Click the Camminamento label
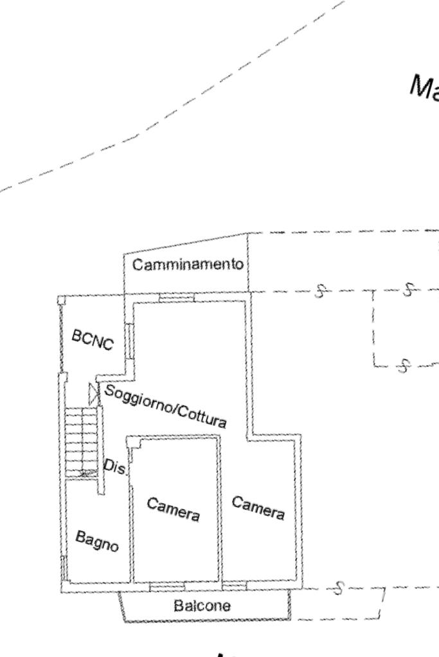(x=188, y=264)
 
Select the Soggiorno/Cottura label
(x=165, y=405)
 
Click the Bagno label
(x=97, y=541)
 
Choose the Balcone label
(x=202, y=606)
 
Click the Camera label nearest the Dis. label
(x=173, y=509)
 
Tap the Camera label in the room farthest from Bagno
(x=258, y=508)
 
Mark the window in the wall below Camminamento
(x=177, y=297)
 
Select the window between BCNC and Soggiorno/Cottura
(x=129, y=341)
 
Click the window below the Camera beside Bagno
(x=167, y=586)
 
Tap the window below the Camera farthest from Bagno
(x=235, y=586)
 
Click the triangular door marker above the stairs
(x=93, y=393)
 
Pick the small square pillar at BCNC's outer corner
(x=62, y=300)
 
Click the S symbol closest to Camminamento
(x=320, y=291)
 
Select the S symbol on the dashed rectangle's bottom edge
(x=404, y=366)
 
